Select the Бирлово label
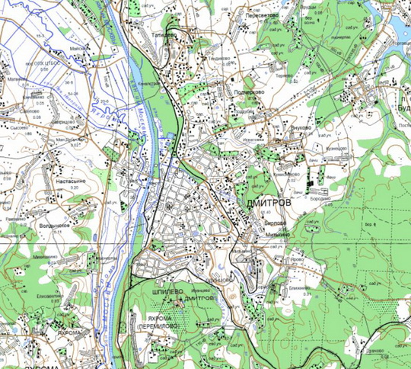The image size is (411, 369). tap(275, 223)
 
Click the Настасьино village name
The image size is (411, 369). tap(70, 182)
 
